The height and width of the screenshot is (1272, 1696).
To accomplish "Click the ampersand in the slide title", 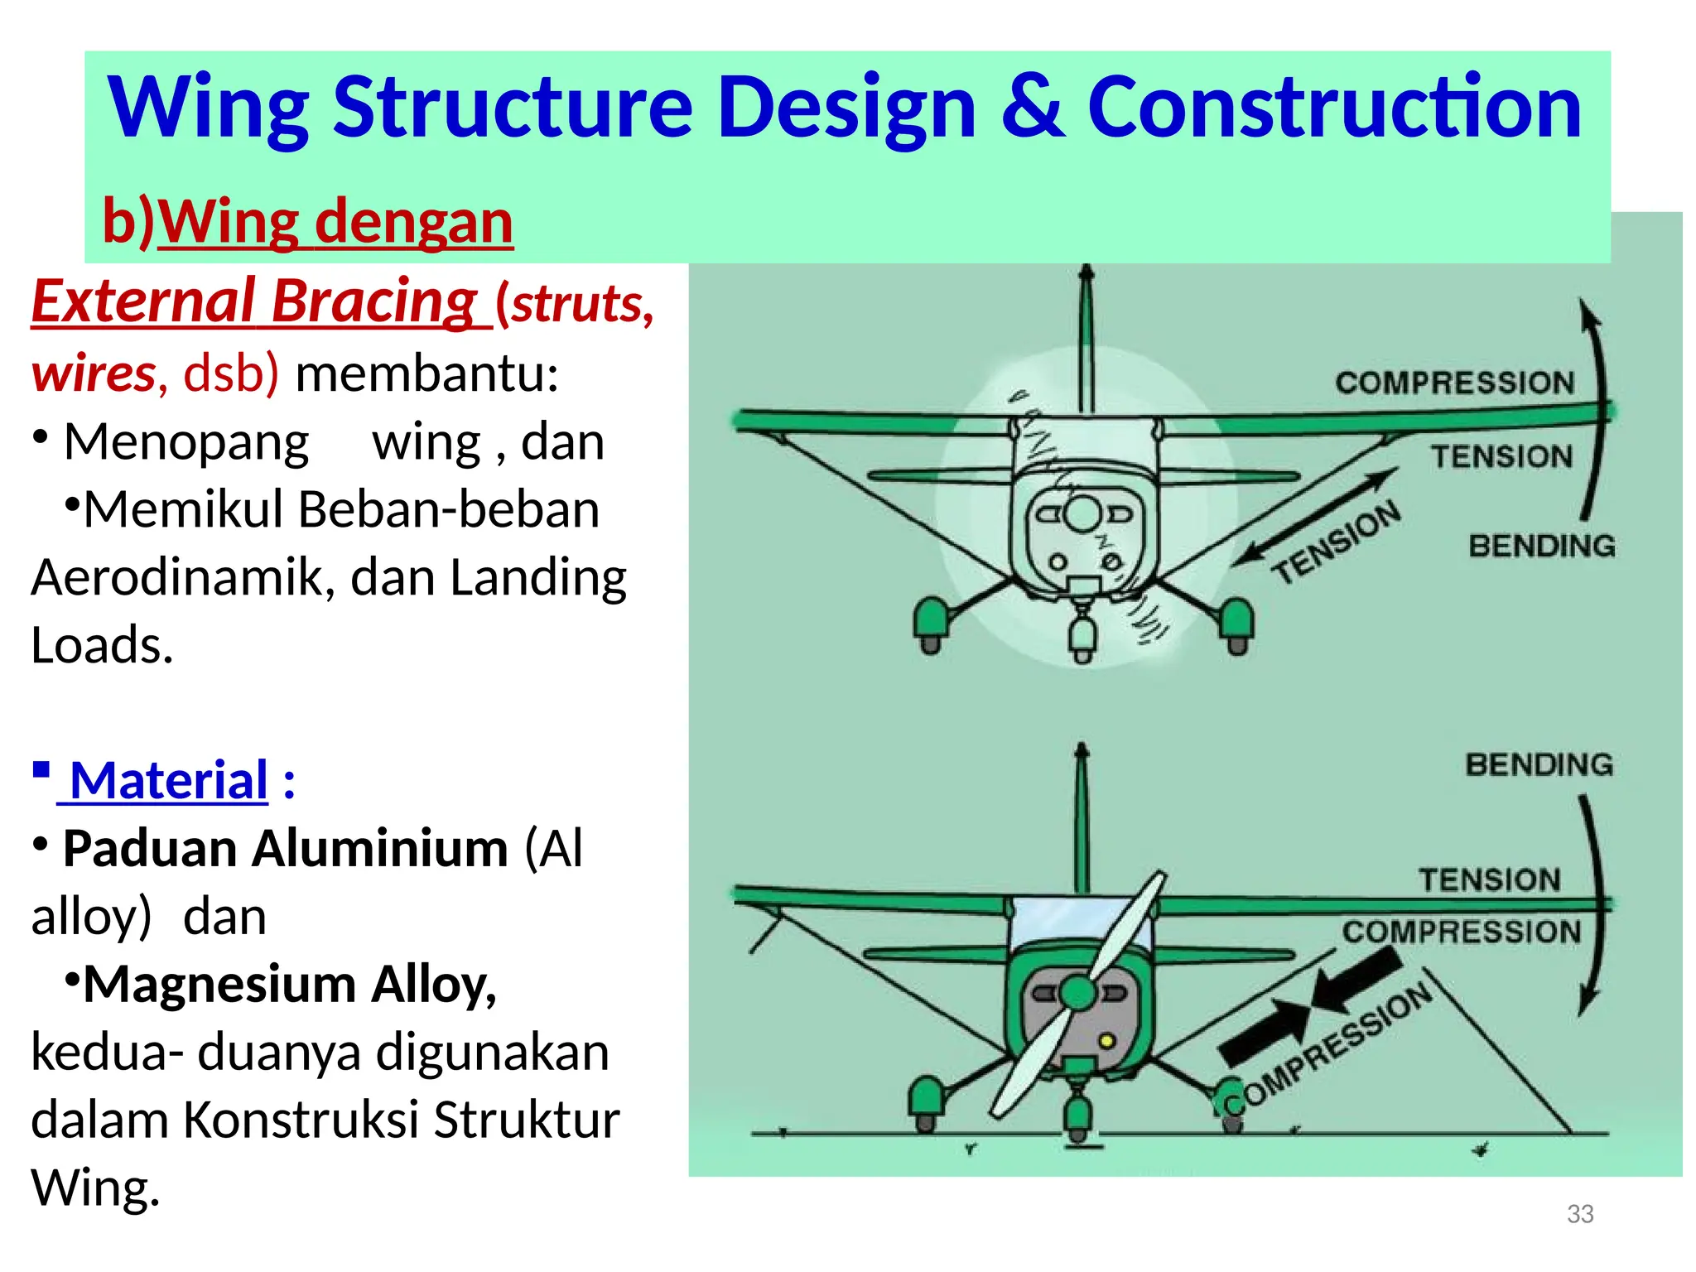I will click(1033, 108).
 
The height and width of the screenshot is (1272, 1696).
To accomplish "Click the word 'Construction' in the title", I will click(1334, 108).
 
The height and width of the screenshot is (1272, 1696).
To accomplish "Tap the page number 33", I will click(1580, 1214).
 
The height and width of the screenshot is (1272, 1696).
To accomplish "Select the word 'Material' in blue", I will click(169, 780).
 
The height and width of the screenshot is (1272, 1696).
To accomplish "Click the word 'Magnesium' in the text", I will click(219, 985).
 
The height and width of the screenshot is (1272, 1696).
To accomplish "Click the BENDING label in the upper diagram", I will click(1541, 547).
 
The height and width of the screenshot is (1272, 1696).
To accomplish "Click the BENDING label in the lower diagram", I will click(1539, 764).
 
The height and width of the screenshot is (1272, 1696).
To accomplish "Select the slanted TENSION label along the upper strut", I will click(1337, 542).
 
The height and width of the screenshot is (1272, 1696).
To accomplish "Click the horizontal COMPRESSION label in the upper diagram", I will click(1454, 383).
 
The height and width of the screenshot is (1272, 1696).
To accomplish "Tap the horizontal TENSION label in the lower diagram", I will click(1489, 879).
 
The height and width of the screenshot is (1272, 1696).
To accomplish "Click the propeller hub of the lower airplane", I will click(1077, 992).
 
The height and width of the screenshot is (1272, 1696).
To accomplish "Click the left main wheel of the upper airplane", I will click(932, 627).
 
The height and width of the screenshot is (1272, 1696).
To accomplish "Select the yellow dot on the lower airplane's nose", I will click(1106, 1041).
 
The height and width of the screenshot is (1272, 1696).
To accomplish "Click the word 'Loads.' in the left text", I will click(102, 645).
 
